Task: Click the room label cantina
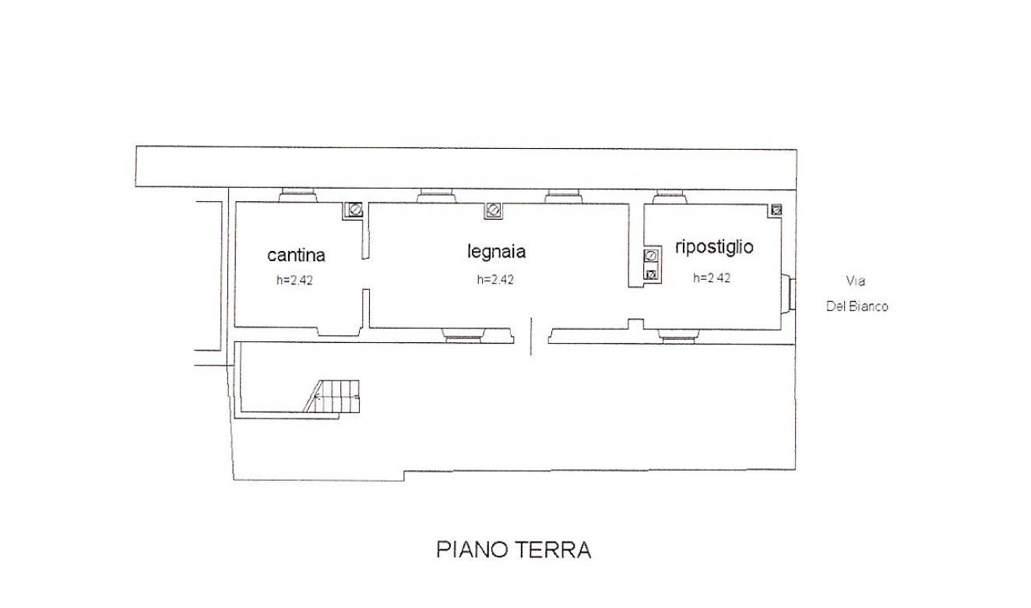(x=296, y=255)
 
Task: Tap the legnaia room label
(x=496, y=252)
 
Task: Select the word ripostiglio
(x=714, y=247)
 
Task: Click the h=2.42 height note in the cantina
(x=294, y=280)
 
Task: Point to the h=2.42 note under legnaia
(x=495, y=280)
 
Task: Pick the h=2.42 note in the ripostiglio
(x=712, y=277)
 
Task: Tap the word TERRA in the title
(x=552, y=550)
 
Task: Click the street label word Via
(x=856, y=281)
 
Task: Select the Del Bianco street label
(x=857, y=306)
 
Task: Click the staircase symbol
(x=332, y=396)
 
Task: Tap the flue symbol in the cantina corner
(x=355, y=210)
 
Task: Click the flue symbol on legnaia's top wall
(x=494, y=210)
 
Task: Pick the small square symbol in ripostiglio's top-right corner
(x=776, y=210)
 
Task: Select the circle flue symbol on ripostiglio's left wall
(x=651, y=255)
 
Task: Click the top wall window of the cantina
(x=297, y=196)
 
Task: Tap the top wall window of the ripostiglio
(x=670, y=196)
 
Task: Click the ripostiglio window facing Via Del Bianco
(x=789, y=294)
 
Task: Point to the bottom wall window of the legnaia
(x=463, y=335)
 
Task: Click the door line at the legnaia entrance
(x=531, y=336)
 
